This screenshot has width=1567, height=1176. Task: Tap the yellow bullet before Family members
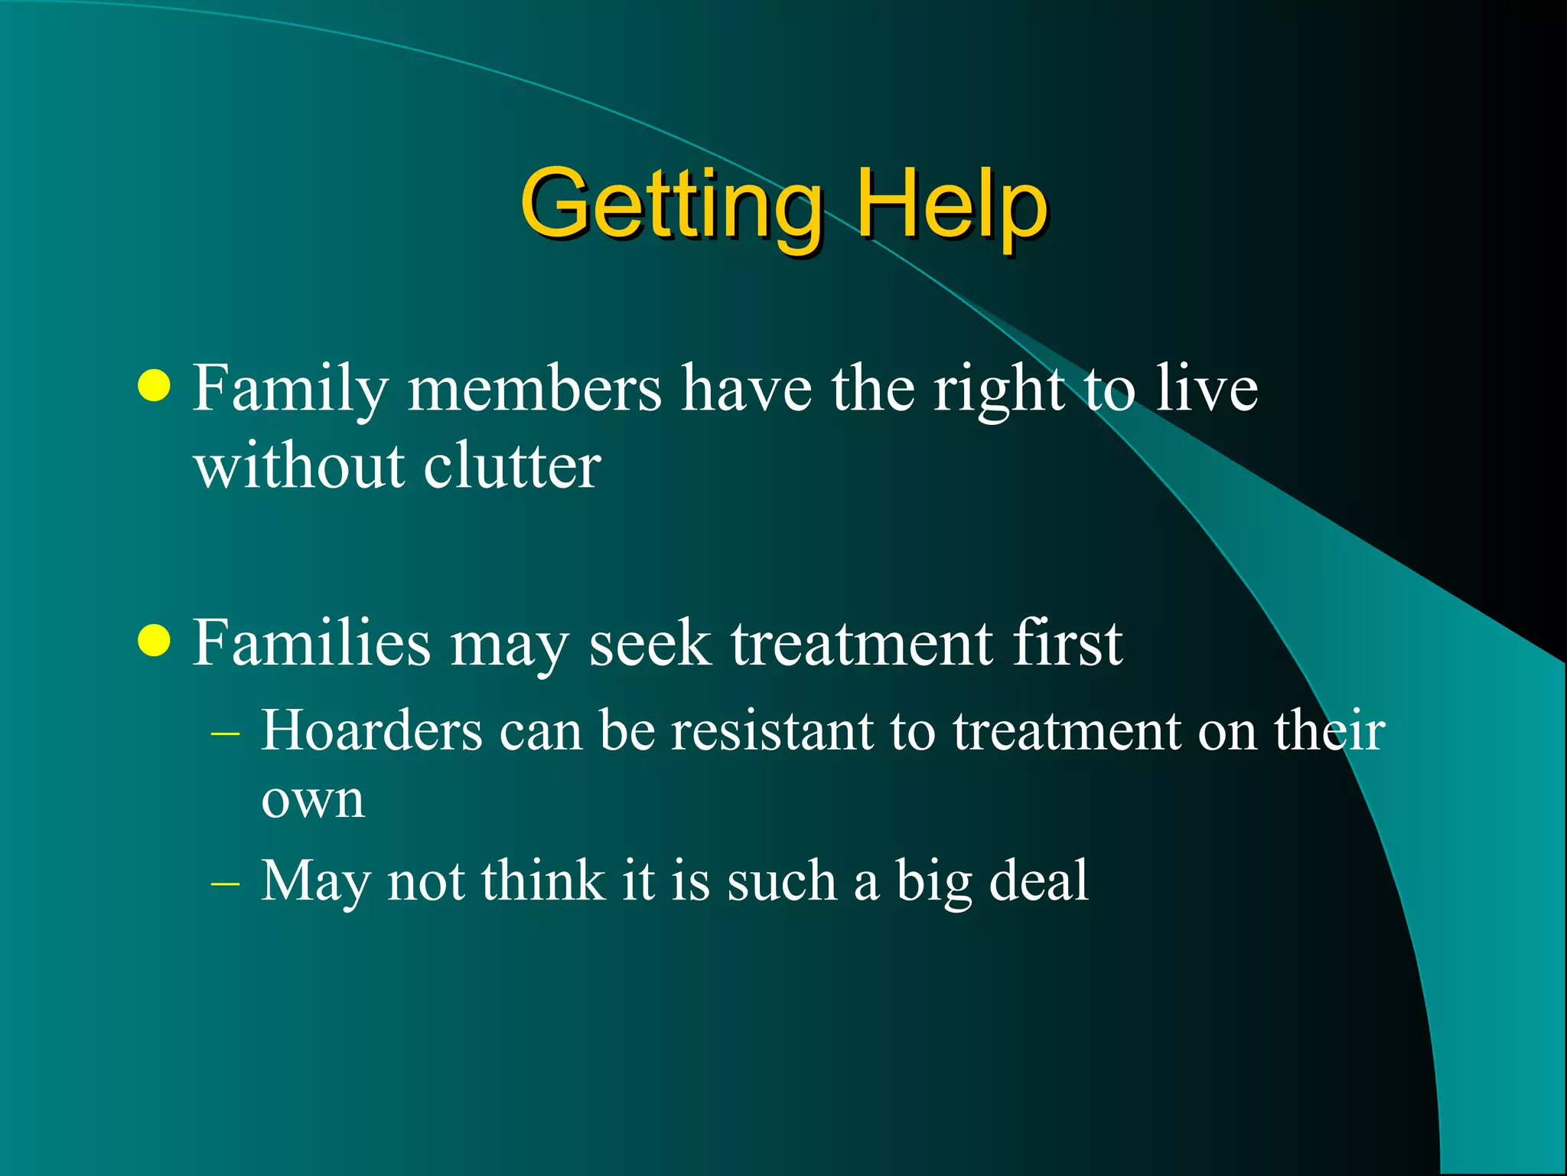pyautogui.click(x=155, y=385)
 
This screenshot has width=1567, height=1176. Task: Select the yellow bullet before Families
pyautogui.click(x=155, y=640)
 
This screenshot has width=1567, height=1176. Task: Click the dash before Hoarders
pyautogui.click(x=225, y=733)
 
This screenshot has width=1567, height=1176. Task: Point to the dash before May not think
pyautogui.click(x=225, y=883)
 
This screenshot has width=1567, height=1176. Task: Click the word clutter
pyautogui.click(x=512, y=466)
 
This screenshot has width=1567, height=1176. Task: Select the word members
pyautogui.click(x=534, y=389)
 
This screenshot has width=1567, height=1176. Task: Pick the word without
pyautogui.click(x=298, y=466)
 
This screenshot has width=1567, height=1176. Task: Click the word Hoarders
pyautogui.click(x=372, y=730)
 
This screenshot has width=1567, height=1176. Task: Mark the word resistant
pyautogui.click(x=772, y=730)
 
